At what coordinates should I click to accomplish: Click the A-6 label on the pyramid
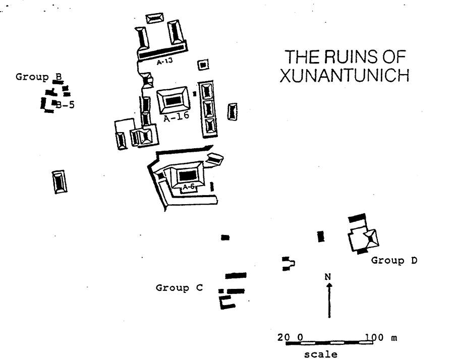188,187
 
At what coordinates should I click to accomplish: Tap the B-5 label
66,105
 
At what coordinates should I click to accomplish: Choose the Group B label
39,77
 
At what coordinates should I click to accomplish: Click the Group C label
179,288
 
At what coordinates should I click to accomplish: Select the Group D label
394,261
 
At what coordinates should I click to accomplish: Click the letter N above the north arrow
328,276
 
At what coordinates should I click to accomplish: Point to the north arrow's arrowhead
329,285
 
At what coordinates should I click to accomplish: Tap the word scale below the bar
321,354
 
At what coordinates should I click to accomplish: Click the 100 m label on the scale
381,337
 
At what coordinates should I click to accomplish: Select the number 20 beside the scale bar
283,337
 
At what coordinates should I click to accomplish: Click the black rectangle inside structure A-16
174,100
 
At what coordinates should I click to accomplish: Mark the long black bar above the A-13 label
161,52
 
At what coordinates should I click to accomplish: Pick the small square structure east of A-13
203,65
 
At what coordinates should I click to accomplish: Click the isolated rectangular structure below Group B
60,182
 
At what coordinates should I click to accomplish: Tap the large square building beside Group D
364,238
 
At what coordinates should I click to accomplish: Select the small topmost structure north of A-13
154,18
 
